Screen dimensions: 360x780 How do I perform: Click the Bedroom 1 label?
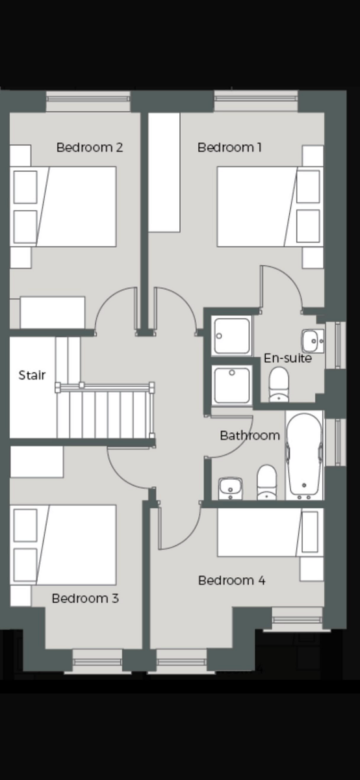click(x=229, y=148)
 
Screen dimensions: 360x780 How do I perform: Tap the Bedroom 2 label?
click(x=90, y=148)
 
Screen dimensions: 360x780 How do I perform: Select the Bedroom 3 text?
click(x=85, y=598)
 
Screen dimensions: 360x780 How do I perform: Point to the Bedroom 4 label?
click(x=232, y=580)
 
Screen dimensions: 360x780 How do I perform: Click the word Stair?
click(x=32, y=375)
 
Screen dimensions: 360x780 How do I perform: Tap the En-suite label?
click(x=288, y=358)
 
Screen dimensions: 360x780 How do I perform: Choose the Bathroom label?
click(x=250, y=435)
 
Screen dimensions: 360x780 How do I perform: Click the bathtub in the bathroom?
click(x=304, y=456)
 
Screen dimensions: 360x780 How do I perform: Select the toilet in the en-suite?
click(x=279, y=384)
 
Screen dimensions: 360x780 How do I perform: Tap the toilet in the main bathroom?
click(x=266, y=482)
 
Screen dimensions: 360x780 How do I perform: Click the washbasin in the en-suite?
click(x=313, y=341)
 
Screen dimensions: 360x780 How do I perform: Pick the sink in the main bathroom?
click(x=230, y=489)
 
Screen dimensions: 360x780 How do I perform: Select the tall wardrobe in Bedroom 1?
click(x=164, y=172)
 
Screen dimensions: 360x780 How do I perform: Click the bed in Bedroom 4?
click(x=270, y=532)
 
